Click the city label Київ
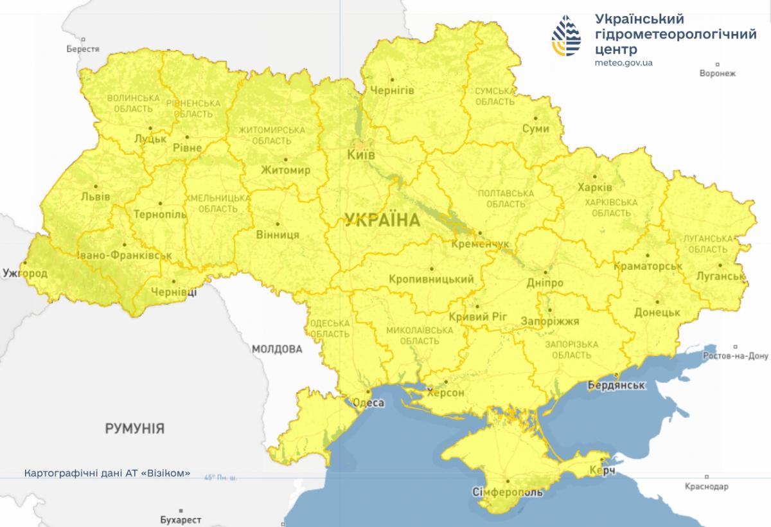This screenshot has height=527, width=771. coord(361,156)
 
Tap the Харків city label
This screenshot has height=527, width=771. coord(595,188)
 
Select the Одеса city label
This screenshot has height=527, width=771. coord(369,403)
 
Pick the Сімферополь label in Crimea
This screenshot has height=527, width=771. coord(508,492)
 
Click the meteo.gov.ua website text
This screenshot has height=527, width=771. coord(624,63)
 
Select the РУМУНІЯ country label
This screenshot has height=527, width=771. coord(135,428)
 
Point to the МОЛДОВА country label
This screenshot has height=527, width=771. coord(276,350)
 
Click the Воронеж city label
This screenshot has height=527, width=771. coord(717,73)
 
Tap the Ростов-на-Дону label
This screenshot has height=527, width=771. coord(736,356)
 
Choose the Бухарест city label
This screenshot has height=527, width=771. coord(181,519)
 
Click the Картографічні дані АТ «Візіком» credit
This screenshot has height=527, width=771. coord(107,473)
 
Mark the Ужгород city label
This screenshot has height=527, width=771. coord(24,274)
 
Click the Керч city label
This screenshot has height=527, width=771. coord(602,472)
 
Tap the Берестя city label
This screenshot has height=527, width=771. coord(83,49)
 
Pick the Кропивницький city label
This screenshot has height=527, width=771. coord(431,279)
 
